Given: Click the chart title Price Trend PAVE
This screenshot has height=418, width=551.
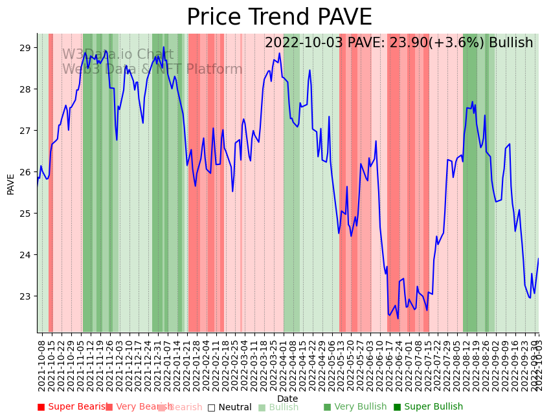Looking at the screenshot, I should (279, 17).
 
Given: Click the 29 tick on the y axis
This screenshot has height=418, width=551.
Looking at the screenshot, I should (25, 48).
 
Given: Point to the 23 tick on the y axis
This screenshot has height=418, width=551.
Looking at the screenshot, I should (25, 296).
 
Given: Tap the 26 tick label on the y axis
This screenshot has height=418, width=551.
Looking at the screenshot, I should (25, 172).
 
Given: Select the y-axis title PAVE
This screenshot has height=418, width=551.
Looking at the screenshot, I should (11, 184).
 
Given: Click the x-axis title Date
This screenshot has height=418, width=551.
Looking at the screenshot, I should (287, 399).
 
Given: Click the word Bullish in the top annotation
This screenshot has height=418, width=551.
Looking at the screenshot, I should (511, 43).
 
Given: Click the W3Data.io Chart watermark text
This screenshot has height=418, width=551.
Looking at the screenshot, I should (117, 54).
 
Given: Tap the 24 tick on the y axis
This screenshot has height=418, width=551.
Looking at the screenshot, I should (25, 255).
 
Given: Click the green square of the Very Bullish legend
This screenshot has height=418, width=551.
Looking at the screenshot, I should (327, 407).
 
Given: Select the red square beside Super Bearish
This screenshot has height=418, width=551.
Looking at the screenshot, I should (41, 407).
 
